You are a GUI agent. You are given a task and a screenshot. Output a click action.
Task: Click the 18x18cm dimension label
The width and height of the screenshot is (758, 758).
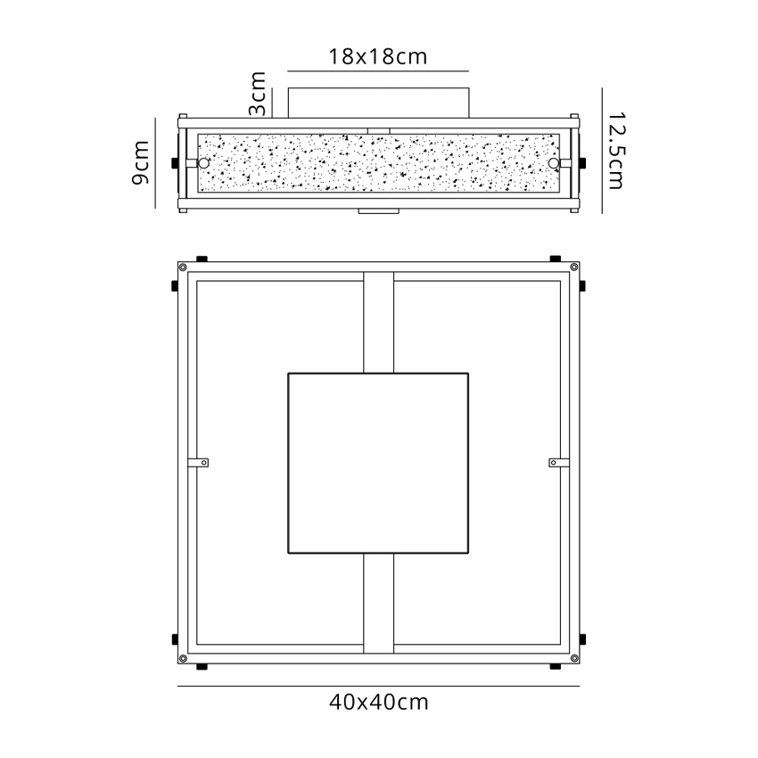point(378,57)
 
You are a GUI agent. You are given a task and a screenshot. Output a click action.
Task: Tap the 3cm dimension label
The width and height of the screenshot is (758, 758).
point(258,94)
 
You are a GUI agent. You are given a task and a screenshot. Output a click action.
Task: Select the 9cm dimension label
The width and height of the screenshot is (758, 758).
point(141,162)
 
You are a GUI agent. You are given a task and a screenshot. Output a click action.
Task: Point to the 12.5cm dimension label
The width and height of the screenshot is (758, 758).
point(616,151)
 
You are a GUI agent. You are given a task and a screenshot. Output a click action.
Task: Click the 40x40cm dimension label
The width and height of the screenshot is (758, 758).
point(378,702)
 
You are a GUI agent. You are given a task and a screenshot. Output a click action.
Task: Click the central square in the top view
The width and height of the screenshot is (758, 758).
point(378,463)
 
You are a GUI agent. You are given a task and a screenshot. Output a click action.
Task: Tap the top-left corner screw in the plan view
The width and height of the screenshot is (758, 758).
point(183,267)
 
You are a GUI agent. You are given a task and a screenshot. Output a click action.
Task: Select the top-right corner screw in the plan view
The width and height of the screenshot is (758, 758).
point(574,267)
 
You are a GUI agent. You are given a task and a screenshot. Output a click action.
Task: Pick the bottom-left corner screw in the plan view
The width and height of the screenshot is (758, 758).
point(183,658)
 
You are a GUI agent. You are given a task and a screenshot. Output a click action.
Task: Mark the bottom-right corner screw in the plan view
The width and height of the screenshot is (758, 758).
point(574,658)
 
